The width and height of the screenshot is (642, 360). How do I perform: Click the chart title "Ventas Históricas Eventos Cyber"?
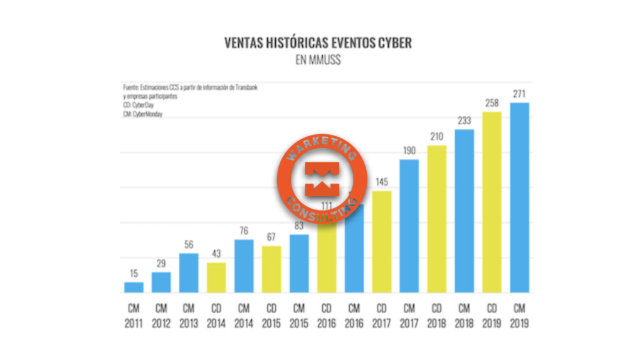[318, 43]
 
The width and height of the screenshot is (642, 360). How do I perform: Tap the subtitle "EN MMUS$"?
[318, 61]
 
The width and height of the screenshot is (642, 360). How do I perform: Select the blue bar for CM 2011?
[134, 287]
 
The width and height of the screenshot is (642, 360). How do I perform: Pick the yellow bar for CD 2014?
[216, 277]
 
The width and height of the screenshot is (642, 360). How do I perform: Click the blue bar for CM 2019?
[520, 198]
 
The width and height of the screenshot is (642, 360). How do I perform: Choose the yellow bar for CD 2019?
[492, 202]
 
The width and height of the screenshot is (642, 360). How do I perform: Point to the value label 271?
[520, 93]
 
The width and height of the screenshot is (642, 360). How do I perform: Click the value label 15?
[134, 273]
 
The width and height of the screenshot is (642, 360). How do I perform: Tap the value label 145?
[382, 182]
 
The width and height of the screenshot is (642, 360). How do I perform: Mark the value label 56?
[189, 244]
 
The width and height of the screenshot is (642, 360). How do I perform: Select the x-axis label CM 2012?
[161, 316]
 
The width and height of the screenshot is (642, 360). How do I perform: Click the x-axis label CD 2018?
[437, 316]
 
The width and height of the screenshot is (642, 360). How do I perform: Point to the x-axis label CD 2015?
[271, 316]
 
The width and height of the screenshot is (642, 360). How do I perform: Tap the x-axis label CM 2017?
[409, 316]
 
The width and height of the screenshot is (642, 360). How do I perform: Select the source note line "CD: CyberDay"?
[139, 105]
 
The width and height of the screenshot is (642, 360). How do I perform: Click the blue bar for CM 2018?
[465, 211]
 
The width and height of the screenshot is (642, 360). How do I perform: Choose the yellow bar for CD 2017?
[382, 241]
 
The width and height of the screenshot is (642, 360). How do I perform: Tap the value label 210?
[437, 136]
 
